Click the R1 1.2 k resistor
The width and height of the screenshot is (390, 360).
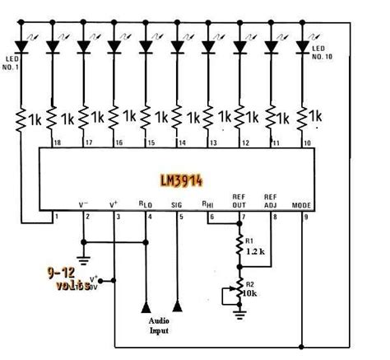(x=240, y=245)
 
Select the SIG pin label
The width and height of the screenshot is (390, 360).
(x=177, y=203)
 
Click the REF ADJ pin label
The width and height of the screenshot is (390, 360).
(x=271, y=199)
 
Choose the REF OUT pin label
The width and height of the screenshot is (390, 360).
(x=241, y=199)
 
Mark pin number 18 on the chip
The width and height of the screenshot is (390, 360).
(x=57, y=143)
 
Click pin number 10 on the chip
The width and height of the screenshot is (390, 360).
(x=309, y=143)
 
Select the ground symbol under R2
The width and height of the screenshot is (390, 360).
(x=240, y=312)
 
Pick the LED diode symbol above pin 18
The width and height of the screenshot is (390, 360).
(x=51, y=47)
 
